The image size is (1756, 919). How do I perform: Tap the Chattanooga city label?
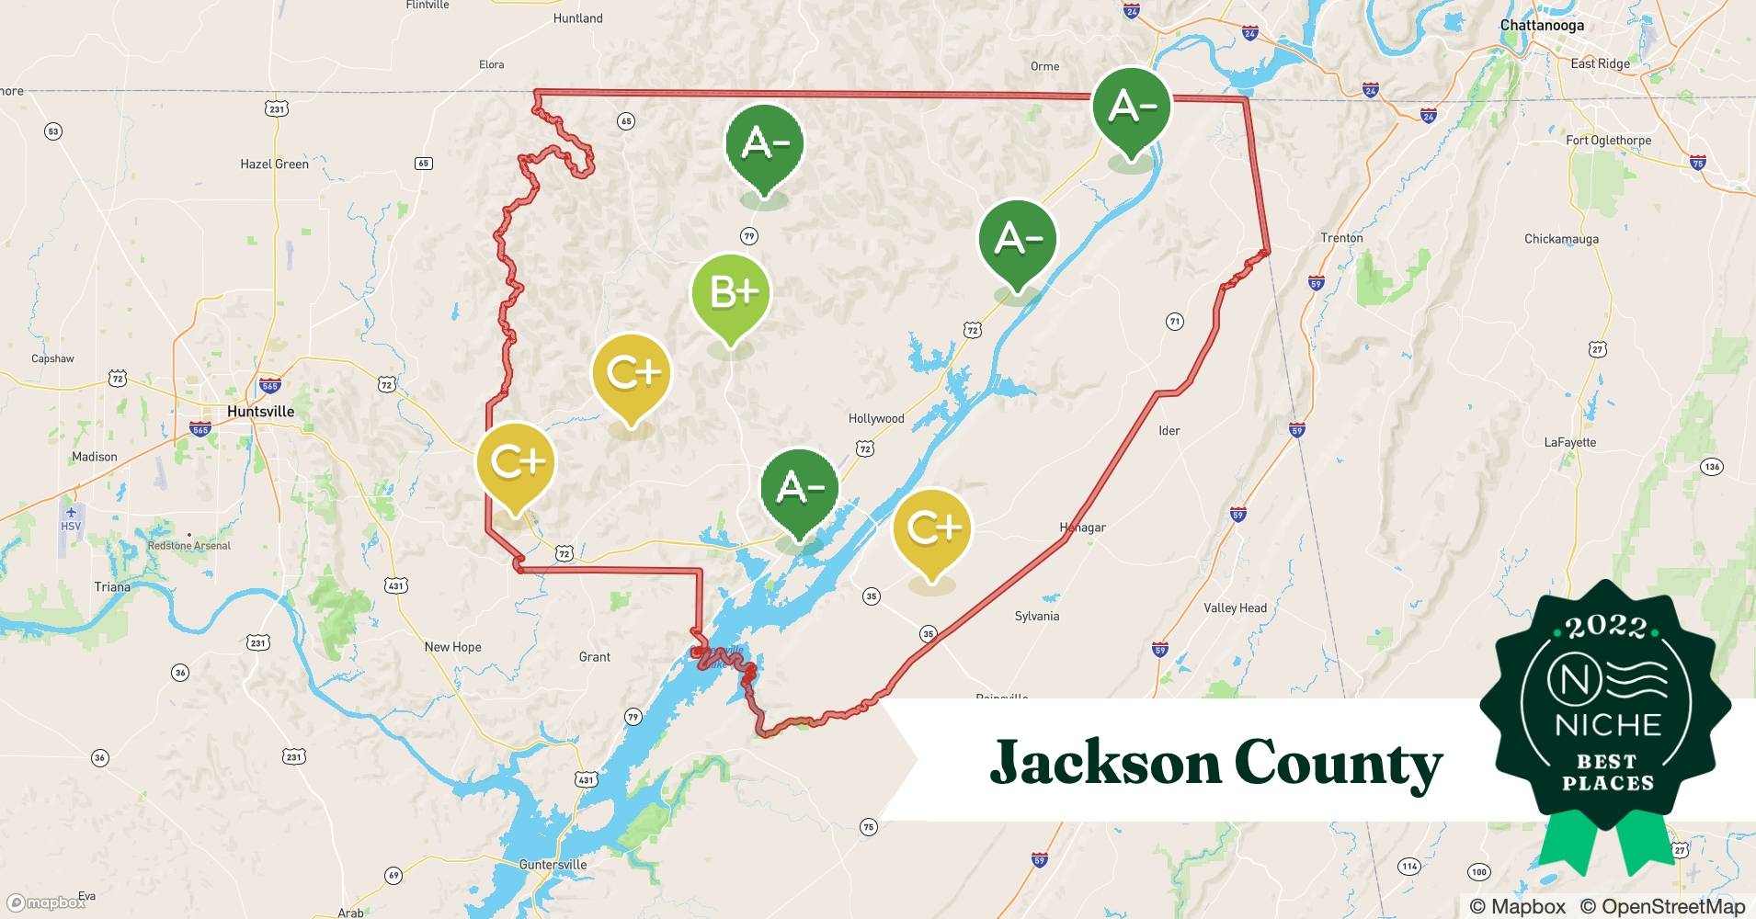click(1542, 25)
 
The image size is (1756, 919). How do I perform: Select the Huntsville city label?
click(260, 412)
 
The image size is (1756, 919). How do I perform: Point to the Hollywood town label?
click(875, 418)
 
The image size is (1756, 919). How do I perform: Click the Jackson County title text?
click(1215, 763)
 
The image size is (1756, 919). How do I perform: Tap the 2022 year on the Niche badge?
click(1605, 627)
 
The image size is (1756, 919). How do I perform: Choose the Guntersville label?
click(553, 865)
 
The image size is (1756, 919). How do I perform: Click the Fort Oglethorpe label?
click(1608, 141)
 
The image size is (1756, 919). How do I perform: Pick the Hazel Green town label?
click(274, 165)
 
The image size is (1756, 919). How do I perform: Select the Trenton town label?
click(1341, 238)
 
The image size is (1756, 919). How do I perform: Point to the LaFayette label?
click(1569, 442)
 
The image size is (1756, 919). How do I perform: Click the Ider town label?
click(1169, 430)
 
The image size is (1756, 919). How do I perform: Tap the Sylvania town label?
click(1036, 616)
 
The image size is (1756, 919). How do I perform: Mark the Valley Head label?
click(1235, 607)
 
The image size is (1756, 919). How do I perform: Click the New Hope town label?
click(452, 647)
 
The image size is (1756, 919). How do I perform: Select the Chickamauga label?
click(1561, 239)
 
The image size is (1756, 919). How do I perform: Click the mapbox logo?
click(46, 902)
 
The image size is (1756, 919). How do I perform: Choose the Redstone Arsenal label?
click(189, 546)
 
